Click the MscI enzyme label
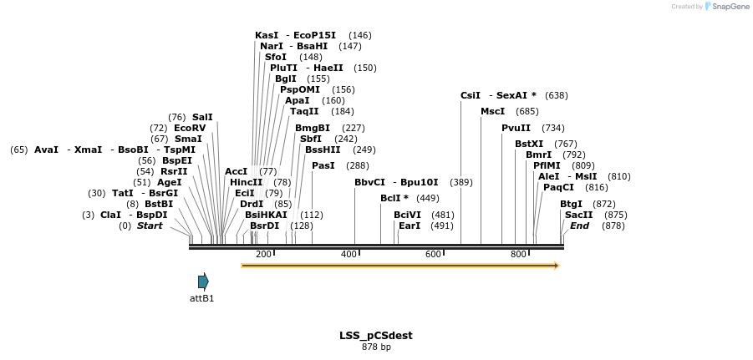(492, 111)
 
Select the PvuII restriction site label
(516, 128)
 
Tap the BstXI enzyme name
(529, 144)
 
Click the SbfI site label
(311, 139)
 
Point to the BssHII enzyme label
(323, 150)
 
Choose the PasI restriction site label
(323, 165)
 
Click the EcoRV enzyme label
(190, 128)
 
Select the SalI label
(202, 117)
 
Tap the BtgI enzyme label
(571, 204)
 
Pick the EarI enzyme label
(410, 226)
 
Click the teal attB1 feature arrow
(203, 281)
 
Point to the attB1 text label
(201, 298)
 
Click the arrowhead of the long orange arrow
(556, 266)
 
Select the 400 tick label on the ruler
(349, 254)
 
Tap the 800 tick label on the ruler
(518, 254)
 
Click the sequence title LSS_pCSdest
(375, 336)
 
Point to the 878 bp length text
(375, 347)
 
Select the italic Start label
(150, 226)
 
